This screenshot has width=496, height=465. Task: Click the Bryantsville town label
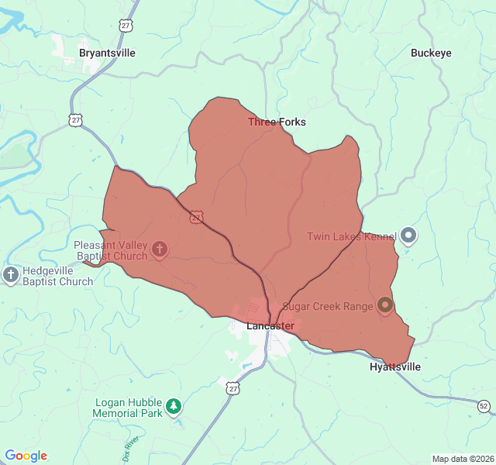[107, 53]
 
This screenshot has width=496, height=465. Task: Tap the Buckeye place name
[431, 53]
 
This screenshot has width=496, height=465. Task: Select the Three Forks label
[277, 122]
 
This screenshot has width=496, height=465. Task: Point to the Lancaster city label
[270, 325]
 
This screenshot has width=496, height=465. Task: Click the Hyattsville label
[395, 367]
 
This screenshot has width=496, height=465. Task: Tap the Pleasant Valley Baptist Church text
[110, 250]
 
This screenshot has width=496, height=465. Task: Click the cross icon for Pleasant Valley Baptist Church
[160, 249]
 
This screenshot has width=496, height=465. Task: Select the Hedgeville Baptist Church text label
[57, 276]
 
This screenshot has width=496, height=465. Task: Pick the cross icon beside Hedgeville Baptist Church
[11, 274]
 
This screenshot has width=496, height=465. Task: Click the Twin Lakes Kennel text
[352, 236]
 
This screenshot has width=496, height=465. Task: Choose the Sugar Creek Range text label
[327, 306]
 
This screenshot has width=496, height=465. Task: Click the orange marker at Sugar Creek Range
[385, 306]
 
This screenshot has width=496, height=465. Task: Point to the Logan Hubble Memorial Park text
[128, 408]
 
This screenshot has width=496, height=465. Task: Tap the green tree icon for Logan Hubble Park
[174, 405]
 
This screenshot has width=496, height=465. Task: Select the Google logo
[26, 456]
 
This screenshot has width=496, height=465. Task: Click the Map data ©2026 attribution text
[462, 459]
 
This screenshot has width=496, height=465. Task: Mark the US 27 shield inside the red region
[197, 217]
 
